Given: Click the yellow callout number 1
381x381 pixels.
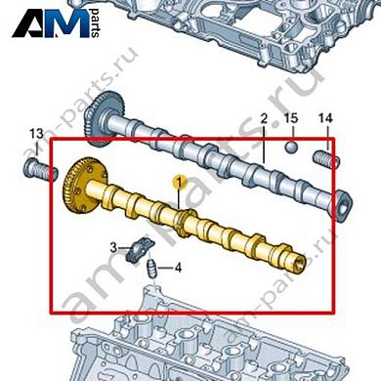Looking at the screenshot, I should coord(179,182).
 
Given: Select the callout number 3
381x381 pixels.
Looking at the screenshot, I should coord(113,247).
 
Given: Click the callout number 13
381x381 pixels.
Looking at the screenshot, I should coord(35,133).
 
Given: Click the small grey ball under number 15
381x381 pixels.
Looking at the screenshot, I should coord(290,148).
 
